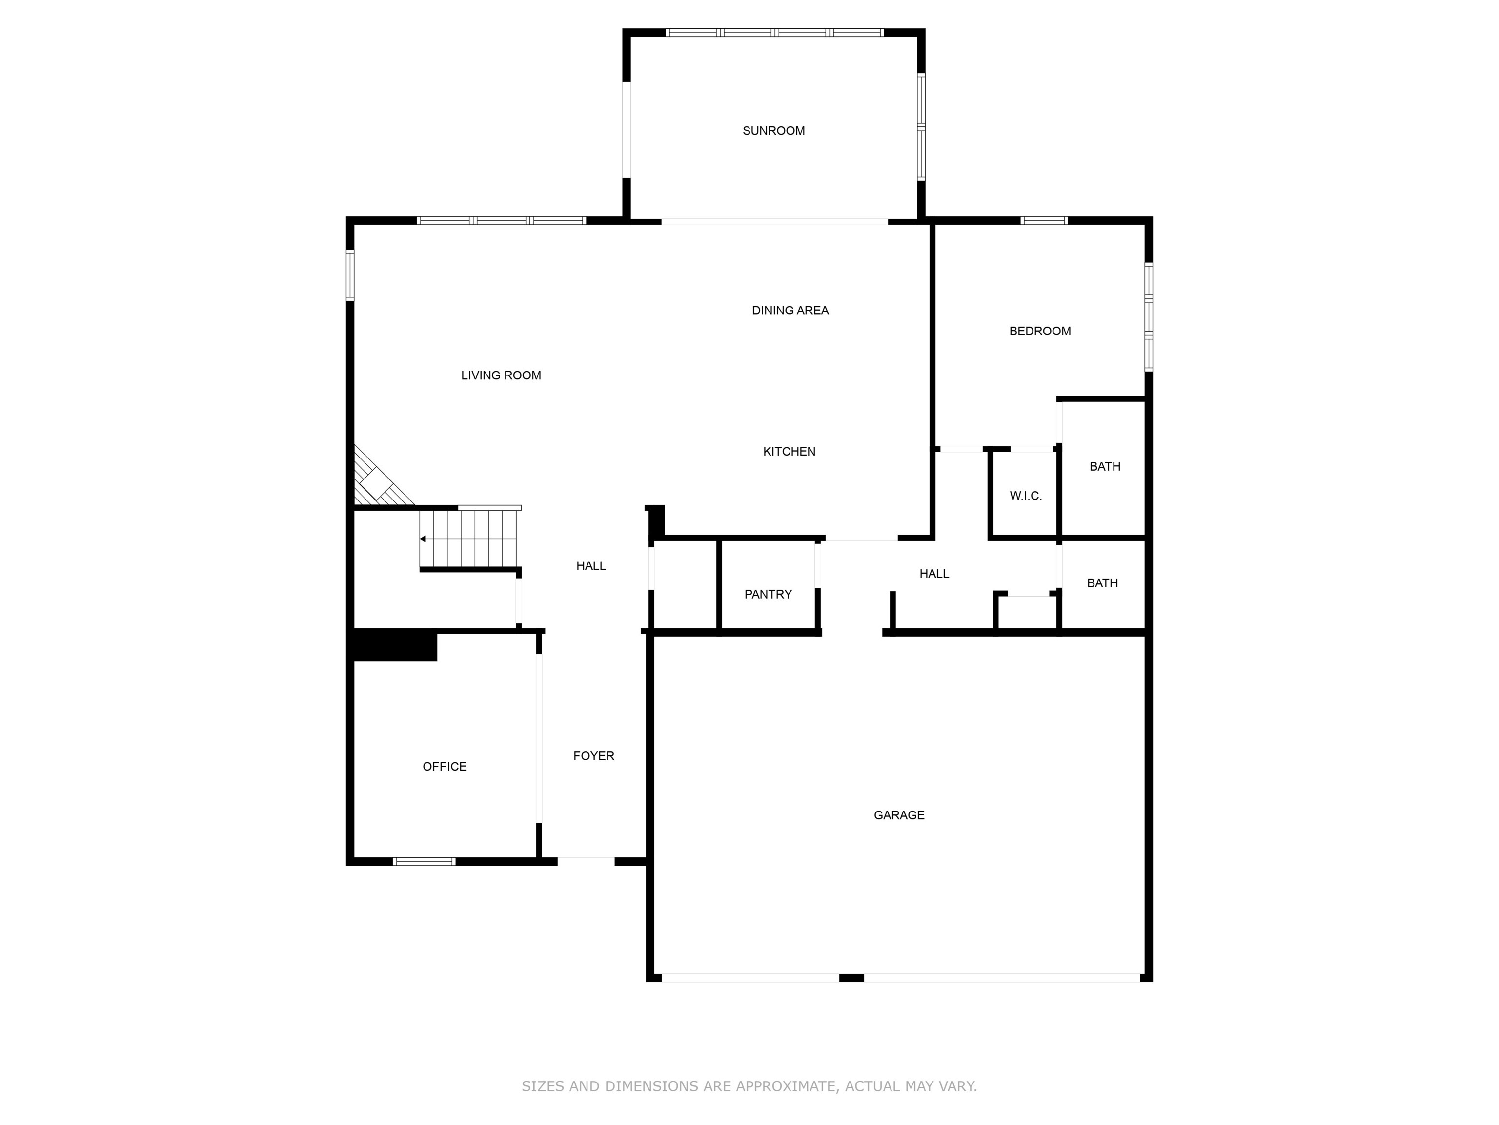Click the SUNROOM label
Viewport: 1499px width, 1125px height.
pyautogui.click(x=773, y=131)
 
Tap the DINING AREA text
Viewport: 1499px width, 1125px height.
pyautogui.click(x=790, y=311)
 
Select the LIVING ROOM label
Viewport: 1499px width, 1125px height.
pyautogui.click(x=501, y=375)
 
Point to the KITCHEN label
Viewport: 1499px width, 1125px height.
pyautogui.click(x=789, y=452)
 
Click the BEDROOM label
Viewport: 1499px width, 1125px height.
pyautogui.click(x=1039, y=332)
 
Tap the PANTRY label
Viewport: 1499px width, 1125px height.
pyautogui.click(x=768, y=595)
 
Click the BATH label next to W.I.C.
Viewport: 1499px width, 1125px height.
pyautogui.click(x=1105, y=466)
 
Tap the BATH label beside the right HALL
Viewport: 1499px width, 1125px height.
pyautogui.click(x=1102, y=583)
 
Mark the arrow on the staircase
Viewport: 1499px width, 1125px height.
pyautogui.click(x=424, y=539)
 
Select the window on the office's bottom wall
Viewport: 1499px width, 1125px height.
pyautogui.click(x=424, y=862)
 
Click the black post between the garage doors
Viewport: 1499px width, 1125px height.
pyautogui.click(x=851, y=978)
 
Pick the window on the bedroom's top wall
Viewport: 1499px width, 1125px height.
pyautogui.click(x=1044, y=220)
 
